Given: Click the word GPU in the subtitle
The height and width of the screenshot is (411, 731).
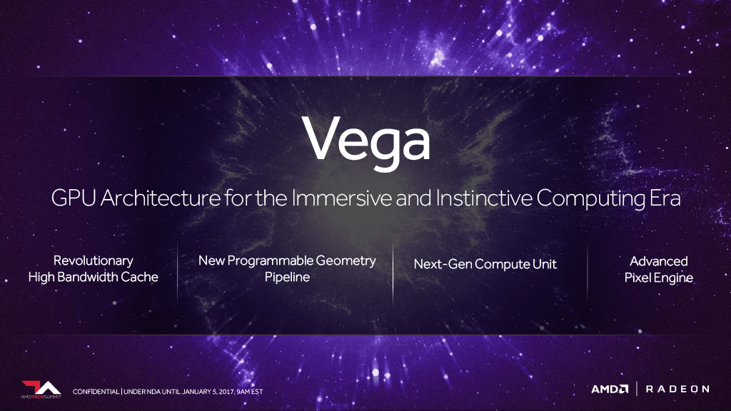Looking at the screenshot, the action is point(74,198).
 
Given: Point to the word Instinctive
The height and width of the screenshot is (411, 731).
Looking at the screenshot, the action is point(484,198).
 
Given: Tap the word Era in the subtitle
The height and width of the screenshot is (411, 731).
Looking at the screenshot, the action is point(665,198).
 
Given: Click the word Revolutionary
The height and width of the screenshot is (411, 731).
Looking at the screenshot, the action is point(94,261).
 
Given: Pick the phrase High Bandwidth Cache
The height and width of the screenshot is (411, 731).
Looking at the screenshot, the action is point(94,278).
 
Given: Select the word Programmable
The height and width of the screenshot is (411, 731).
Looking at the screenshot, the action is point(270,261).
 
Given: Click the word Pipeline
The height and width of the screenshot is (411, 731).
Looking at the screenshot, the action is point(287,278).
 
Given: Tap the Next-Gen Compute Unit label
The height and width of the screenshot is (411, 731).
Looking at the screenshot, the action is point(485,264).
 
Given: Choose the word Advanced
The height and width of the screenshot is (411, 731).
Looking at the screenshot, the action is point(659,261).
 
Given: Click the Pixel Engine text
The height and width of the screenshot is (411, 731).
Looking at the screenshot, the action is point(659,278).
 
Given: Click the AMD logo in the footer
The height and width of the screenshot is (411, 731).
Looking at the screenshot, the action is point(610,389).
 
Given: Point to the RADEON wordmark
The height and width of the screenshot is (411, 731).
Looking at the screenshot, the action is point(677,389).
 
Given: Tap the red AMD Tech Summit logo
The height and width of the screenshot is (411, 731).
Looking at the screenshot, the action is point(41,390).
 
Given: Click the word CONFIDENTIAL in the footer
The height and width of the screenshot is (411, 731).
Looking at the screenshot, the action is point(96,392).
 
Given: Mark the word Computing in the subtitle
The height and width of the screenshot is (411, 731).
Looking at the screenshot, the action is point(590,198).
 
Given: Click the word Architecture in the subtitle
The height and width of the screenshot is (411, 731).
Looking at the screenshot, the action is point(161,198).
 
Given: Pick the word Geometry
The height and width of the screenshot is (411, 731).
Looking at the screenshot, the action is point(346,261).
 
